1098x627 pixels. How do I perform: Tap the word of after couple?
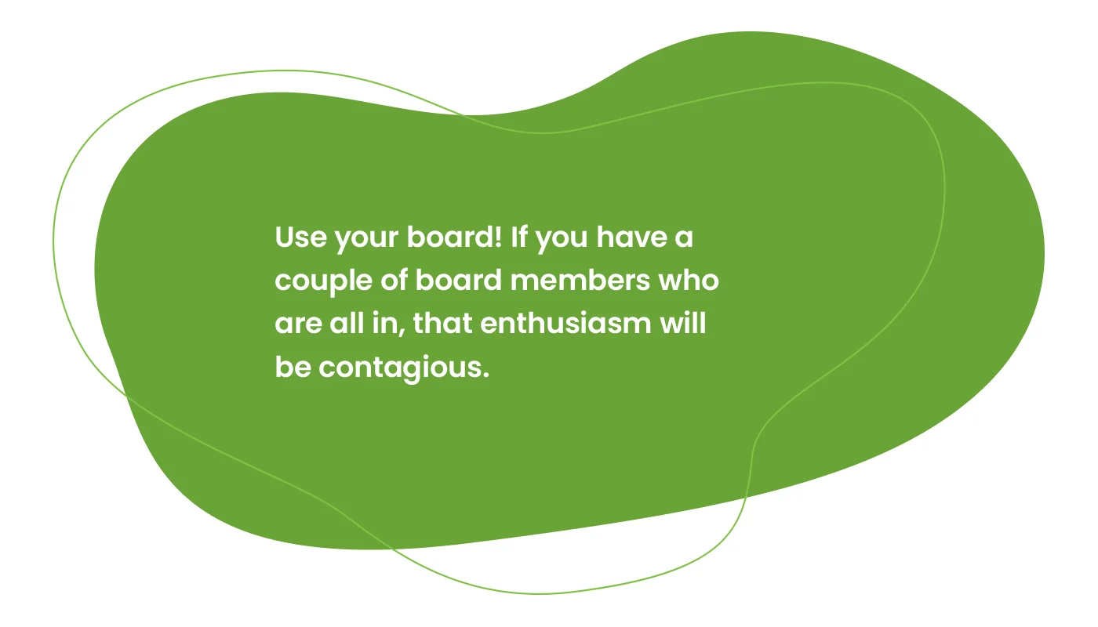pyautogui.click(x=392, y=280)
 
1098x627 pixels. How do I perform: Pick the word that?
pyautogui.click(x=442, y=323)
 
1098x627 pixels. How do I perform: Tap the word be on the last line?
pyautogui.click(x=293, y=367)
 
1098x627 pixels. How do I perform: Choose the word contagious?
pyautogui.click(x=397, y=368)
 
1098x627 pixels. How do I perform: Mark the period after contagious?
pyautogui.click(x=485, y=374)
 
